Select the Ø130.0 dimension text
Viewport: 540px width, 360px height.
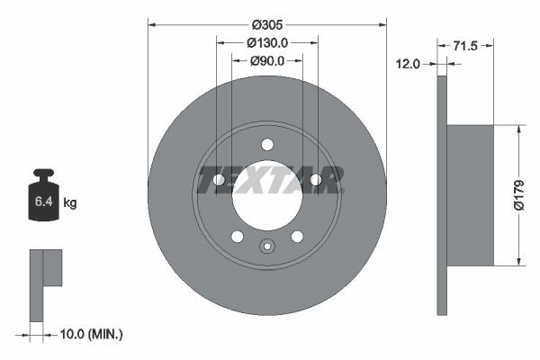[x=266, y=42]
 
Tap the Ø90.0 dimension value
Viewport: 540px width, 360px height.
[x=266, y=60]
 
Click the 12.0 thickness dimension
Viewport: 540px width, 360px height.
[x=409, y=63]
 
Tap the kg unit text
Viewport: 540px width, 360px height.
[x=70, y=203]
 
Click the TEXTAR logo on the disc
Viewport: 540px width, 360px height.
[x=267, y=180]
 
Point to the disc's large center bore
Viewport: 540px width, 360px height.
[x=266, y=195]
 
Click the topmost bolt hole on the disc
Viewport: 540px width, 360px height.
[x=266, y=144]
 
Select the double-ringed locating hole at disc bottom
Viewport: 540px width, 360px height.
[x=266, y=247]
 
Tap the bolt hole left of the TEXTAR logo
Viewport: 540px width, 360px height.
[x=219, y=180]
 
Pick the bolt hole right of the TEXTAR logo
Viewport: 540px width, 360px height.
[x=315, y=180]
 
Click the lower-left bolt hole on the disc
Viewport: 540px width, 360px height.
[x=237, y=237]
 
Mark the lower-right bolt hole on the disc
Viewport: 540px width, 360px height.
[x=296, y=237]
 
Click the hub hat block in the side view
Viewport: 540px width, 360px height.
[x=470, y=195]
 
